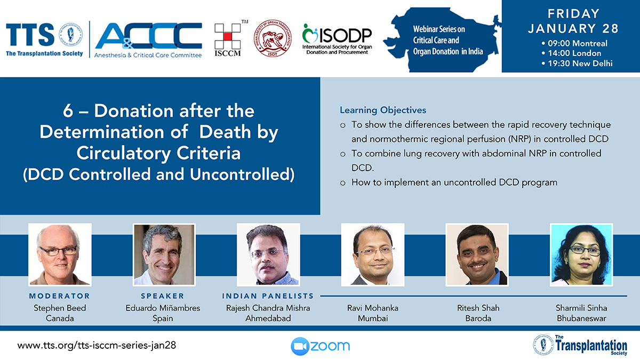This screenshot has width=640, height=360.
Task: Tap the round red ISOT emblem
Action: click(x=273, y=38)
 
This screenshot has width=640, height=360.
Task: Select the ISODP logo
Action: click(x=337, y=39)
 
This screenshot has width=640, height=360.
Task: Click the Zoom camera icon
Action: click(x=300, y=346)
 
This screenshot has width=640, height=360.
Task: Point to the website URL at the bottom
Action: click(x=97, y=346)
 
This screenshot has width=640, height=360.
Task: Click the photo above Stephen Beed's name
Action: click(x=60, y=254)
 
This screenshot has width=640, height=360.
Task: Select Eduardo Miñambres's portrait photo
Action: click(x=164, y=254)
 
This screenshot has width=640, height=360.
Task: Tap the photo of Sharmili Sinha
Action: click(x=581, y=254)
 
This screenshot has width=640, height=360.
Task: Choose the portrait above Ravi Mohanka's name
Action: click(x=373, y=254)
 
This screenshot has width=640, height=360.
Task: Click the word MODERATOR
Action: click(x=59, y=296)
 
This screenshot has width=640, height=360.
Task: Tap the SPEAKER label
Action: click(x=163, y=296)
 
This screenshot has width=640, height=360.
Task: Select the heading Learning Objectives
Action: click(x=383, y=110)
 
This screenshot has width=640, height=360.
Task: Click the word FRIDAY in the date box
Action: click(x=573, y=14)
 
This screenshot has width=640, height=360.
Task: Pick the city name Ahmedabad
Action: click(x=268, y=318)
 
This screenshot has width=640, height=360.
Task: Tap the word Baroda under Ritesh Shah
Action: click(x=478, y=318)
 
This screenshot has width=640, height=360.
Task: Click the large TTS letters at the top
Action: click(x=30, y=35)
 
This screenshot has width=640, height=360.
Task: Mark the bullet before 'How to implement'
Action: click(x=343, y=183)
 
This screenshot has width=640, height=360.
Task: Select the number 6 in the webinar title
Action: click(x=68, y=110)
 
